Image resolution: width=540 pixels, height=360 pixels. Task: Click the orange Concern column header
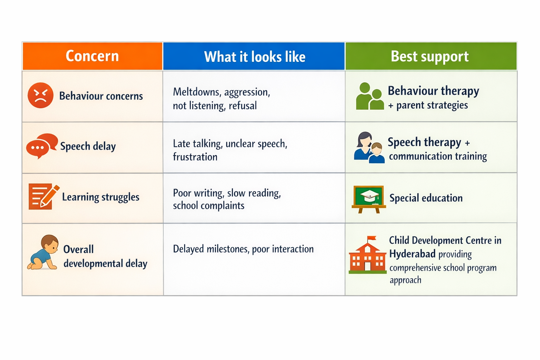point(92,56)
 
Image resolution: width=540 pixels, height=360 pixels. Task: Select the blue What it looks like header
point(254,57)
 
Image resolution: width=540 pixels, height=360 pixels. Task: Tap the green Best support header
point(430,56)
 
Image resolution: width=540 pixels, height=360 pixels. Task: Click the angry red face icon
point(40,95)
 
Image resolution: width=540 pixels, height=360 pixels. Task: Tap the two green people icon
point(369,97)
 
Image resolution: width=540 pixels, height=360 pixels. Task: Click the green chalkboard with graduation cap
point(369,199)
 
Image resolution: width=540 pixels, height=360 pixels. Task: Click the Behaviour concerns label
point(101,96)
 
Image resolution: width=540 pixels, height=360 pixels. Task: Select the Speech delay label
point(88,146)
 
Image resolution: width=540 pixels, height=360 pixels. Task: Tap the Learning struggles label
point(101,197)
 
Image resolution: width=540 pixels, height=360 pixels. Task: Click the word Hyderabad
point(412,254)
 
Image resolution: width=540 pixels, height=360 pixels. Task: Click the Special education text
point(426,198)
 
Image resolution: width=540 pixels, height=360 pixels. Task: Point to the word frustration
point(195,157)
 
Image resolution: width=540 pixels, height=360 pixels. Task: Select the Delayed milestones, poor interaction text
point(243,249)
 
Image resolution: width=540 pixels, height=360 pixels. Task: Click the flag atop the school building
point(371,239)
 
